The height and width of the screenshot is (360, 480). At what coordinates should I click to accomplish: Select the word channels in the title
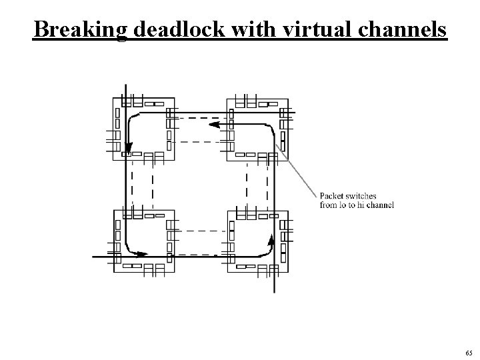(x=402, y=29)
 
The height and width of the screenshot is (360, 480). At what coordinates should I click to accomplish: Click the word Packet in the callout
(x=332, y=196)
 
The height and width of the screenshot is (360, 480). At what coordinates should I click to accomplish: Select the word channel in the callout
(x=381, y=205)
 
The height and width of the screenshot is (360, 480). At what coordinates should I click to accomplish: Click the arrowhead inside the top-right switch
(x=214, y=124)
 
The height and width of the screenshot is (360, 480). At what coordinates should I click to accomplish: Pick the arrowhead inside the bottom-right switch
(x=271, y=238)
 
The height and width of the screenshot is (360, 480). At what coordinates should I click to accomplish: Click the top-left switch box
(x=143, y=128)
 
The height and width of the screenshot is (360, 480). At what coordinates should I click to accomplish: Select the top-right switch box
(x=257, y=128)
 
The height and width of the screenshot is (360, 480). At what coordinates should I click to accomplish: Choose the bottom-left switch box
(x=143, y=240)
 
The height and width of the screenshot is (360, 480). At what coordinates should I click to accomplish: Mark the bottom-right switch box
(x=257, y=240)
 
